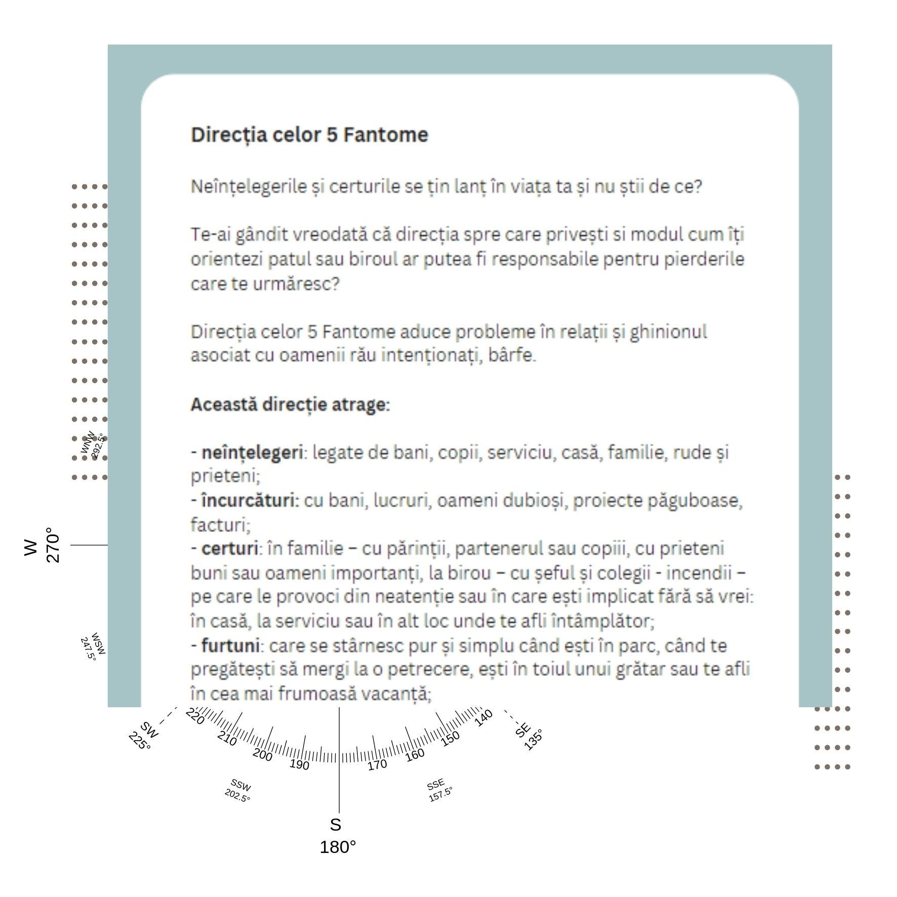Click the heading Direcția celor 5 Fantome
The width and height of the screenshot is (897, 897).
[309, 135]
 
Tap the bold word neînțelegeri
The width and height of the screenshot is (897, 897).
[252, 452]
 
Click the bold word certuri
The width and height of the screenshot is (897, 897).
[229, 548]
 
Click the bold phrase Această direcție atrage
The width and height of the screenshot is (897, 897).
[290, 404]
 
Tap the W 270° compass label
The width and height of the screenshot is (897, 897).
[42, 546]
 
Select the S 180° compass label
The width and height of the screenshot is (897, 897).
[337, 836]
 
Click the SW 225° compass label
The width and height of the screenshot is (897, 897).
[144, 735]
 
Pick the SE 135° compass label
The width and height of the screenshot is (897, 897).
[528, 735]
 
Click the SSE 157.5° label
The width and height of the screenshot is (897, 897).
[438, 790]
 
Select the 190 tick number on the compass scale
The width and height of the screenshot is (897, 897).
[299, 764]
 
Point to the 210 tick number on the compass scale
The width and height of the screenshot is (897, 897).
[227, 739]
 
